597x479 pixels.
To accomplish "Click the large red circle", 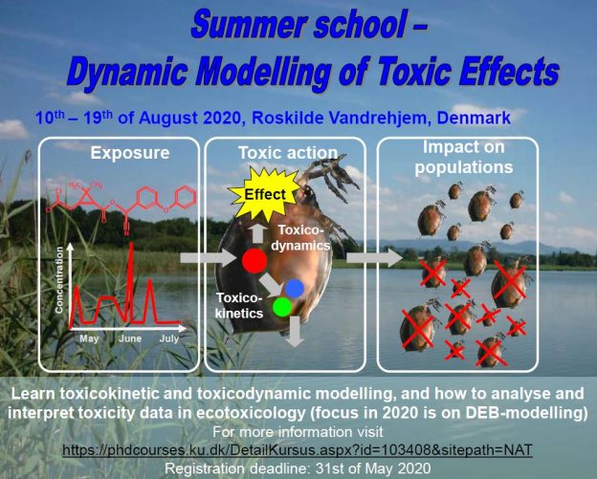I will pyautogui.click(x=254, y=261).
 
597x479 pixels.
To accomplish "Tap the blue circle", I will pyautogui.click(x=295, y=287).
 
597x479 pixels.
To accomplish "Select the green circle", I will pyautogui.click(x=281, y=308).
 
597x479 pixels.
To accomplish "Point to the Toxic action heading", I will pyautogui.click(x=287, y=152).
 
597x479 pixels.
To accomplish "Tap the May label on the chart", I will pyautogui.click(x=89, y=339).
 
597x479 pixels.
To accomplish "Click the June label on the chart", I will pyautogui.click(x=130, y=339).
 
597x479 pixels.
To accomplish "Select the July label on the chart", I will pyautogui.click(x=169, y=339).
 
